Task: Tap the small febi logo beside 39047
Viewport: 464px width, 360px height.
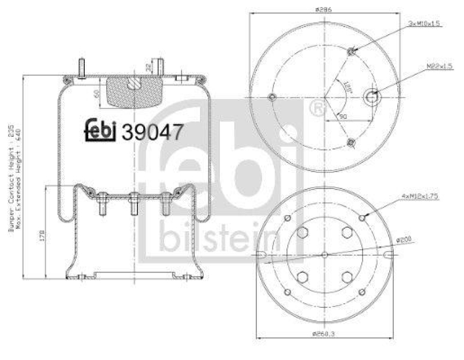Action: (x=102, y=131)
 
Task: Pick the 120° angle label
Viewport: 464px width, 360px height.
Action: (x=347, y=88)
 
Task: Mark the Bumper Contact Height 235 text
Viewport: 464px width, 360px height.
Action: (x=10, y=180)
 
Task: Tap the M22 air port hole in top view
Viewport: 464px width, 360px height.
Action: (x=371, y=96)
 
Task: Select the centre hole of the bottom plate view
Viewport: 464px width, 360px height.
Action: (x=324, y=254)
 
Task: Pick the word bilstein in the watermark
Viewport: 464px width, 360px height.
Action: (x=220, y=238)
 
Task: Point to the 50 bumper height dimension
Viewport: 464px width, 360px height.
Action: (x=96, y=92)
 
